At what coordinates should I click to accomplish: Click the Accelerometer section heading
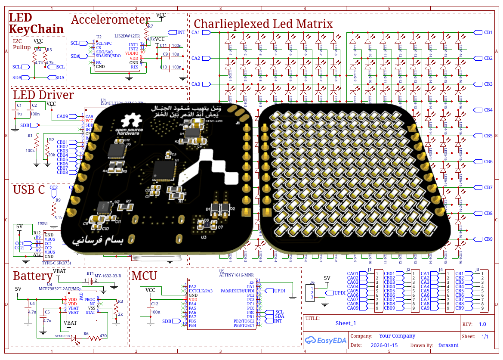click(110, 20)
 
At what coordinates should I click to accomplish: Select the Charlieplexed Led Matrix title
click(263, 24)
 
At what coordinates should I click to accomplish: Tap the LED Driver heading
click(43, 95)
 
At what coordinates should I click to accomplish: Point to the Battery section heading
click(33, 276)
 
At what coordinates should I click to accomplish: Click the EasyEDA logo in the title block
click(324, 340)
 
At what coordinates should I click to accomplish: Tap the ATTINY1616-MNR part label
click(237, 274)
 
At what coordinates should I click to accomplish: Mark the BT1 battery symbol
click(91, 282)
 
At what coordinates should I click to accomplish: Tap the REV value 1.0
click(482, 324)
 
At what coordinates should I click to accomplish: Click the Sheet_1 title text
click(346, 323)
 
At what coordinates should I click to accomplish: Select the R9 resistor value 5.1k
click(58, 218)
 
